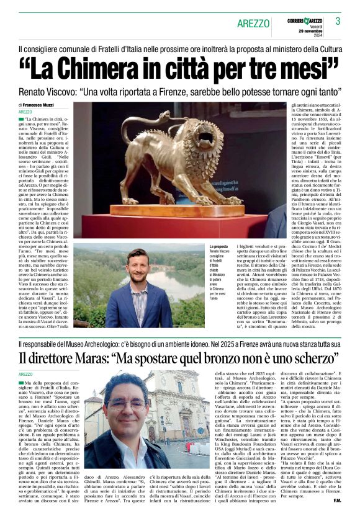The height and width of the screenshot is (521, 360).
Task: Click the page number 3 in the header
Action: click(338, 21)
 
